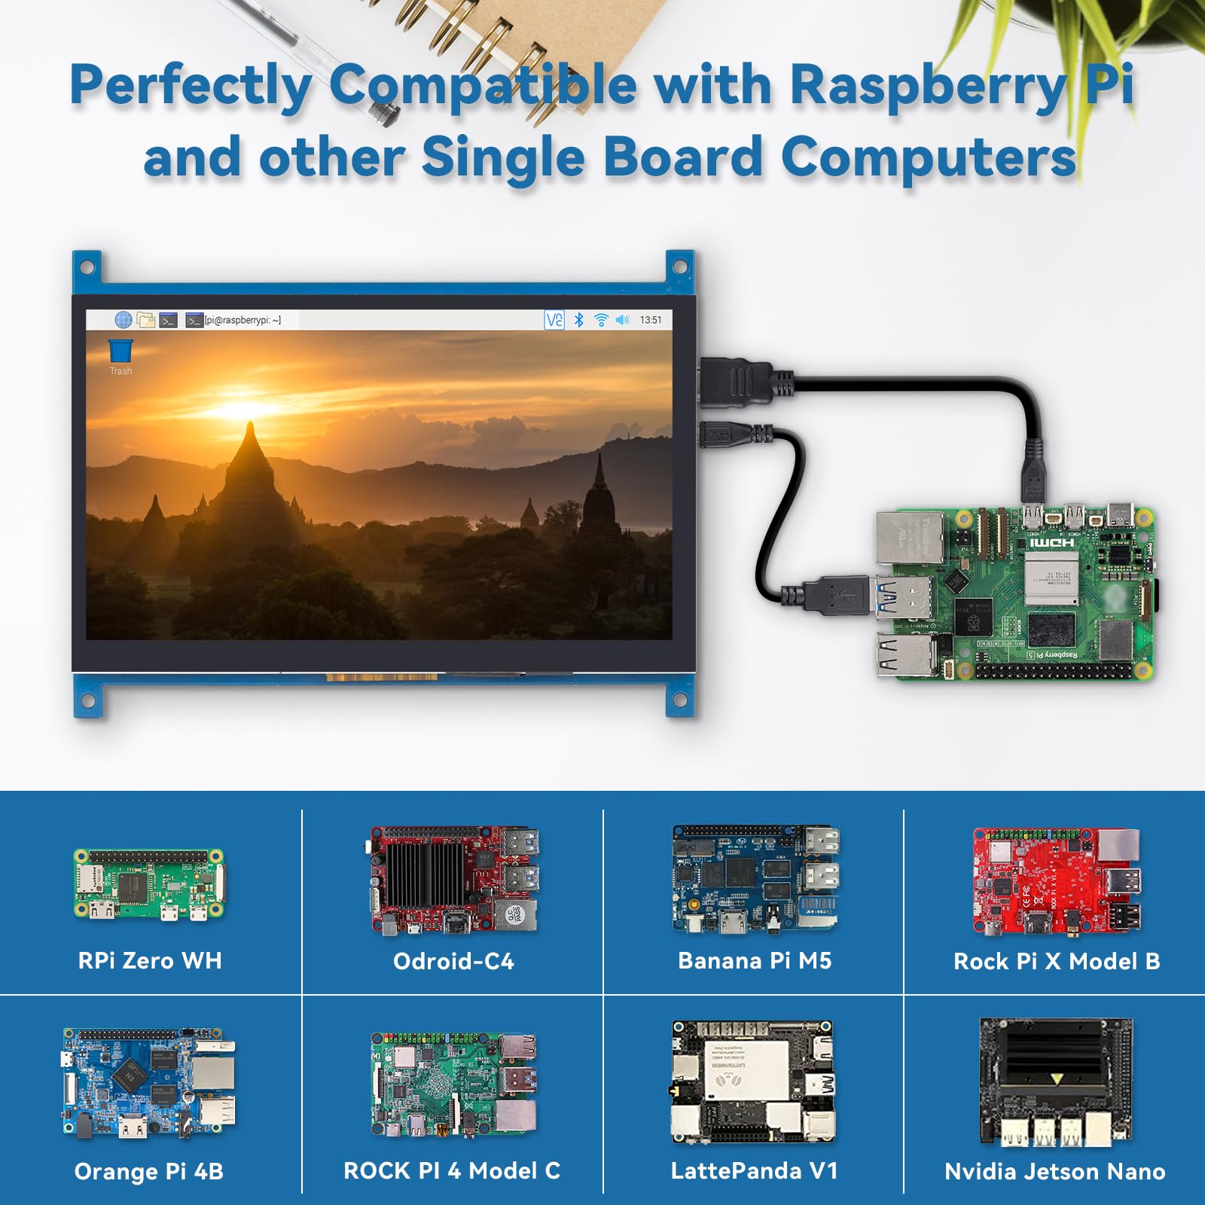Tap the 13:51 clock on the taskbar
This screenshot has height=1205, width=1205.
(x=651, y=320)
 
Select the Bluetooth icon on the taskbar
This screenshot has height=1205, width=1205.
(x=578, y=320)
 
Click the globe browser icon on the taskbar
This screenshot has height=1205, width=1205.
(x=124, y=320)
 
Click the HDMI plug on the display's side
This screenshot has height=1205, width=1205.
(x=734, y=382)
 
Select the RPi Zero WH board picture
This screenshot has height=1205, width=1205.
(x=149, y=884)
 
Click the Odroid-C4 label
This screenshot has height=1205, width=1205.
(x=453, y=961)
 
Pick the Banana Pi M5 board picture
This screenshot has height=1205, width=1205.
(x=755, y=879)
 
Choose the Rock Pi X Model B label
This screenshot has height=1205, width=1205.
(x=1057, y=961)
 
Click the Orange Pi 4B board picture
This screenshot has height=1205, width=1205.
(x=149, y=1083)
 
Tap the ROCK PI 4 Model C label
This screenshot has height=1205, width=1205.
(x=452, y=1170)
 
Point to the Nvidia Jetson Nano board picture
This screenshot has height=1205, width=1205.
(x=1055, y=1081)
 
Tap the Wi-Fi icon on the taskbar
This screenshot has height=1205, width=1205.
(x=601, y=320)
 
